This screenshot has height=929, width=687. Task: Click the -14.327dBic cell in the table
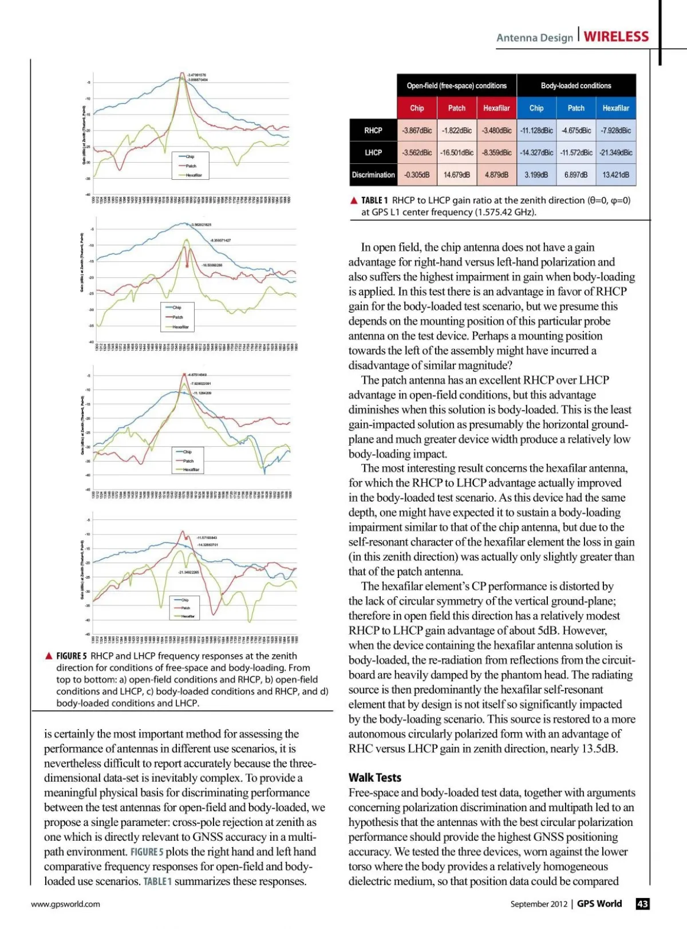coord(536,153)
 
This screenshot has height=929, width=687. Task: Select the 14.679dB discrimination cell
coord(457,175)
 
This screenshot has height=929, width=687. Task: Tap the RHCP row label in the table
coord(373,131)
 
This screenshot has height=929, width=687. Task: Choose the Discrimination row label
coord(373,175)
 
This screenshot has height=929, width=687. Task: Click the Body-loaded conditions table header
coord(576,86)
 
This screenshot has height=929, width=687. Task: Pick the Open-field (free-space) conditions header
coord(456,86)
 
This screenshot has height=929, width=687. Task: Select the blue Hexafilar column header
coord(615,108)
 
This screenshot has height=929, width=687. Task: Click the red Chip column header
coord(417,108)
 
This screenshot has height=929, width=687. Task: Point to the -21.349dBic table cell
coord(616,153)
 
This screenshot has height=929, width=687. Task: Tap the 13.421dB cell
coord(616,175)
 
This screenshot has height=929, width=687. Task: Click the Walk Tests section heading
coord(375,777)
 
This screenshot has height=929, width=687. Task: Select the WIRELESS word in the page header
coord(616,37)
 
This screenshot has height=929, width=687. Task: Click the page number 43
coord(643,904)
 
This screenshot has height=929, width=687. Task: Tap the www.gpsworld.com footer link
coord(65,904)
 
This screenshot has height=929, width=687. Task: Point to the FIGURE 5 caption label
coord(72,656)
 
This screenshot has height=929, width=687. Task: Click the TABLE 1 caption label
coord(374,200)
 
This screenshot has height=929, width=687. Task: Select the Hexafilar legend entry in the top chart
coord(194,175)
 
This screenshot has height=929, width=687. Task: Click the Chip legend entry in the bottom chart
coord(184,600)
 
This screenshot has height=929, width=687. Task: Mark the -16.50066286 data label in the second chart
coord(212,265)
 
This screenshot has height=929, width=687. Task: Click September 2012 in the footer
coord(539,904)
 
